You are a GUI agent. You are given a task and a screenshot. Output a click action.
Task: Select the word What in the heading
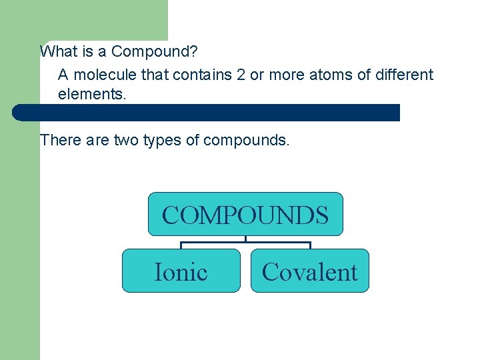[x=57, y=51]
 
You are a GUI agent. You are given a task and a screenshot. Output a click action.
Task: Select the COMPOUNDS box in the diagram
[x=245, y=215]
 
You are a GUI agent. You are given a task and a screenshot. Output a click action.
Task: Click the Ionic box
[x=181, y=271]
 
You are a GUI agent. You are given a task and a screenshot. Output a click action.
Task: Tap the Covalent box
[x=309, y=271]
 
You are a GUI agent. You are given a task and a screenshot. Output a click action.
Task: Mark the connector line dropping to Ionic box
[x=181, y=245]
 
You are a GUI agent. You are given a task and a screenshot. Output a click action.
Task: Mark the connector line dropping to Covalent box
[x=310, y=245]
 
